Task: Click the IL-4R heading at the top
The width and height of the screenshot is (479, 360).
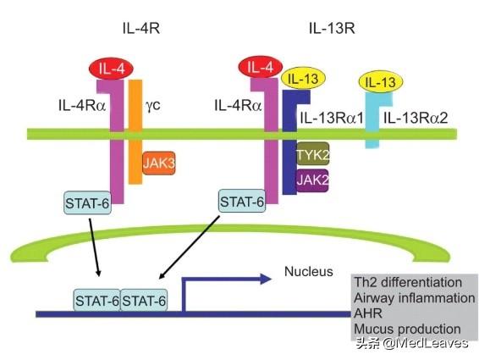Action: pos(141,29)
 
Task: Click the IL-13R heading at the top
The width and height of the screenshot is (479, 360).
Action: pos(332,29)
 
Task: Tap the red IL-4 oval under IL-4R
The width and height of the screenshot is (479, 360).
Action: pos(112,69)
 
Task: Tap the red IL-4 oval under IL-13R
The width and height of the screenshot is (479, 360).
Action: pos(261,67)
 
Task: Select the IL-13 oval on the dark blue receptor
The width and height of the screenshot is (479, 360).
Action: pos(304,80)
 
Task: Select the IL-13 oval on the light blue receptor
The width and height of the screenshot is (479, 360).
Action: pos(381,82)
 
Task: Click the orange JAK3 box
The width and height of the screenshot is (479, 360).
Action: pos(159,163)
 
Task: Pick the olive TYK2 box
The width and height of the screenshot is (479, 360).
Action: pos(313,154)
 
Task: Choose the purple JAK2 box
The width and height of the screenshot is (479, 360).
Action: pos(312,180)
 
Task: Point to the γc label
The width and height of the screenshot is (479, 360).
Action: pos(152,106)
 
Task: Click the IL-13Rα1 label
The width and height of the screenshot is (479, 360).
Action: pos(332,118)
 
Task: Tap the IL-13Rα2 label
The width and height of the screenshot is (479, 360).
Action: pos(416,118)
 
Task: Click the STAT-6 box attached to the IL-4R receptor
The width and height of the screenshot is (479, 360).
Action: pos(87,202)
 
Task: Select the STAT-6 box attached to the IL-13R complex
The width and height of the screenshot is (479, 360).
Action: pos(242,202)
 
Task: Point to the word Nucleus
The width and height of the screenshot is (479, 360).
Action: pos(309,271)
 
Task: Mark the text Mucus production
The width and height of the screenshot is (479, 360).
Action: pos(407,330)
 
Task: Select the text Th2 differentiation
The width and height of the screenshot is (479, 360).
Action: pos(408,282)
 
